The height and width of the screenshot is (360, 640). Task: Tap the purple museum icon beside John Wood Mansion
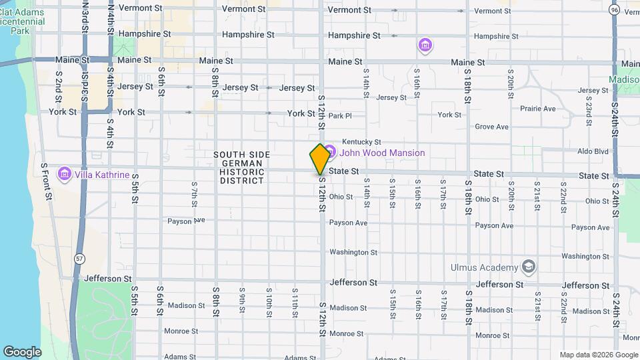[x=329, y=153]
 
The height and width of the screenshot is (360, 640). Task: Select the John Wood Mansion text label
[x=381, y=153]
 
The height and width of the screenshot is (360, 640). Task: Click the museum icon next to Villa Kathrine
[x=65, y=175]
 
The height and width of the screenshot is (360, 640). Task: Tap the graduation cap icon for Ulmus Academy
[x=529, y=267]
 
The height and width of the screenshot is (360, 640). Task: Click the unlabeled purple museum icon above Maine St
[x=425, y=45]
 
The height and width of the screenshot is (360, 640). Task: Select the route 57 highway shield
[x=80, y=259]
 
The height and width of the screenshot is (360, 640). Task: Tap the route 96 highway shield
[x=614, y=9]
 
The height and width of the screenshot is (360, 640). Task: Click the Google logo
[x=22, y=351]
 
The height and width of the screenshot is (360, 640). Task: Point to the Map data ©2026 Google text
[x=598, y=355]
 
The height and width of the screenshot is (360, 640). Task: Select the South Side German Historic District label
[x=242, y=167]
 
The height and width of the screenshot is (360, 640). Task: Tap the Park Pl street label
[x=339, y=116]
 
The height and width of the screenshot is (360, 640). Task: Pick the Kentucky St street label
[x=361, y=142]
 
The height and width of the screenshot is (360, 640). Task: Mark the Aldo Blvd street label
[x=593, y=152]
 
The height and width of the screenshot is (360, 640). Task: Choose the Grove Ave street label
[x=492, y=127]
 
